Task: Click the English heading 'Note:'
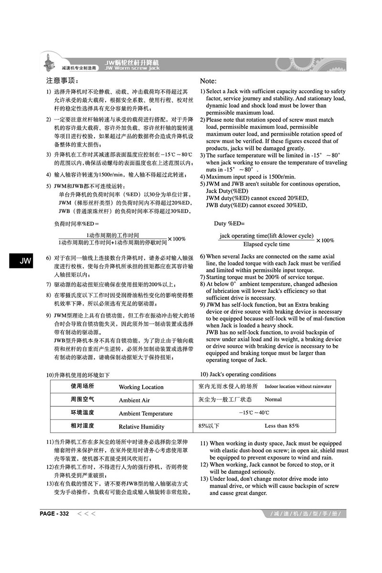tap(208, 81)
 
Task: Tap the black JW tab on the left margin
tap(25, 261)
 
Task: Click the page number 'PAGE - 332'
tap(54, 514)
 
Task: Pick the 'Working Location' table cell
tap(141, 387)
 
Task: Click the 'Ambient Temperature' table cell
tap(146, 414)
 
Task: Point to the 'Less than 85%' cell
tap(282, 425)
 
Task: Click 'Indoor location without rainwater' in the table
tap(297, 386)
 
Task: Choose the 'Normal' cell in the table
tap(273, 399)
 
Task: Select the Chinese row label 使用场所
tap(83, 386)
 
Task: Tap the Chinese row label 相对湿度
tap(83, 425)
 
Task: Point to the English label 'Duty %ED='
tap(229, 223)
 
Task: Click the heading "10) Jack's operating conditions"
tap(238, 374)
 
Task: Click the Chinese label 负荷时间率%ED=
tap(76, 223)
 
